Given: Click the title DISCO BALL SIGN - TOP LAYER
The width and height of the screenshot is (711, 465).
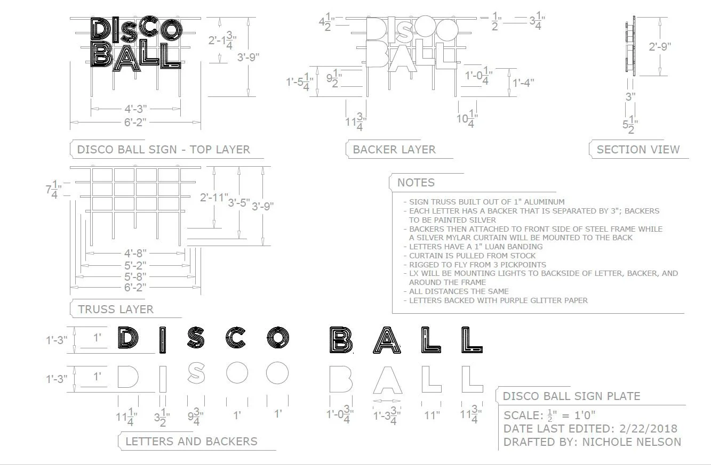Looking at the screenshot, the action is click(x=163, y=150).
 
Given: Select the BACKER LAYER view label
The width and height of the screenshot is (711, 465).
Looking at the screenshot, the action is click(x=394, y=150).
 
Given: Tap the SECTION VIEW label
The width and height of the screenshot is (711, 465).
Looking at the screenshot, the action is click(x=638, y=150).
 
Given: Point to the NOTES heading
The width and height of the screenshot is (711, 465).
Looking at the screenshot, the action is click(x=416, y=183).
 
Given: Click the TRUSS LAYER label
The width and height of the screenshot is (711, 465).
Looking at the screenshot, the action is click(x=116, y=309).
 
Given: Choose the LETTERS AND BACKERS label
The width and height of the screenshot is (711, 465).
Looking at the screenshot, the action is click(x=191, y=442).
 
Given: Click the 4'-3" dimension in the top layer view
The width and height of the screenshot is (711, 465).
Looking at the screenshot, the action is click(x=135, y=109).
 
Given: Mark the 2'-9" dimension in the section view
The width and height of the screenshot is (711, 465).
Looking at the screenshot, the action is click(x=660, y=46).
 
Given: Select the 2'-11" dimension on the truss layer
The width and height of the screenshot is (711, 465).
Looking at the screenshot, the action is click(x=214, y=198).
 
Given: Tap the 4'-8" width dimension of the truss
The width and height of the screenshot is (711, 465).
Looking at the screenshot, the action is click(x=135, y=253).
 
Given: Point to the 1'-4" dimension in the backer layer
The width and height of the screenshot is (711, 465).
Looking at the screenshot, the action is click(x=523, y=83).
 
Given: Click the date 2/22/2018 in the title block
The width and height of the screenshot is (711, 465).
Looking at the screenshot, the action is click(x=648, y=429).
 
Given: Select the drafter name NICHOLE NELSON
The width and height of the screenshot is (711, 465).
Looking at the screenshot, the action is click(x=632, y=442).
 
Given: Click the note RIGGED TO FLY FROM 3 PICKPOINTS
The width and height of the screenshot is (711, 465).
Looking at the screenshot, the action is click(x=477, y=265).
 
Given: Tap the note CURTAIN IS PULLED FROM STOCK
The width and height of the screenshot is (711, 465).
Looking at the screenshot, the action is click(x=472, y=256).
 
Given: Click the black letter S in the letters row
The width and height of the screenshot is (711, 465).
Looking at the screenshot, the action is click(x=196, y=339).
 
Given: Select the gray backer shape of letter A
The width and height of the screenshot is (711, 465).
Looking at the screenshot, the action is click(x=386, y=379).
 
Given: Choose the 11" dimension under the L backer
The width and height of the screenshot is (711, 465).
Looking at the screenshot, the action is click(x=432, y=415).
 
